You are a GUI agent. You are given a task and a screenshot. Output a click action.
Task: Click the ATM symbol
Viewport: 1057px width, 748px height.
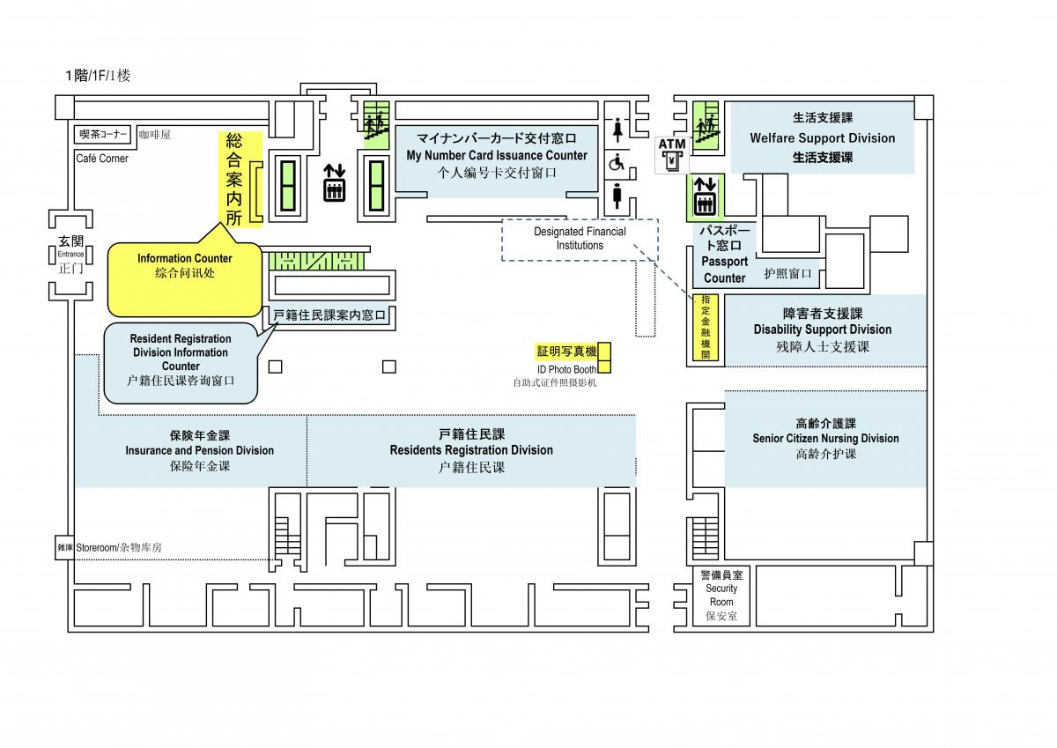tap(672, 155)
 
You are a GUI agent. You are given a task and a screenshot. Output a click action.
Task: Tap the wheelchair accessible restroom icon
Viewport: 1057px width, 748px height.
tap(617, 163)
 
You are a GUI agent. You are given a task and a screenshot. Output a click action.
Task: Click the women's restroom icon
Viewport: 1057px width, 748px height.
tap(617, 130)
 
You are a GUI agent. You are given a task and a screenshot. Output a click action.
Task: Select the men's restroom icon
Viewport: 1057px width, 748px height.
tap(617, 196)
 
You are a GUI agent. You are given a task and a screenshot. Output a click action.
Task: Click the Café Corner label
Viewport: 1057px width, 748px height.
tap(102, 159)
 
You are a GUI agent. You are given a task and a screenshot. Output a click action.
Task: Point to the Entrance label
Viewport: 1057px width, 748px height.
tap(70, 254)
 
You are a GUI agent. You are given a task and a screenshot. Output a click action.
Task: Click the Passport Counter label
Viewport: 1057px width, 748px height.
tap(724, 270)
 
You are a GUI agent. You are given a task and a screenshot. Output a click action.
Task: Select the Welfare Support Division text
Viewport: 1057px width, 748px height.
tap(823, 137)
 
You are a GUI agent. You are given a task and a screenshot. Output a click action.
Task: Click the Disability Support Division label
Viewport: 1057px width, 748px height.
tap(823, 330)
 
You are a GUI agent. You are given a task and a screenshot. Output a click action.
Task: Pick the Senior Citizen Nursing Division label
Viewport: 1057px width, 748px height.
tap(825, 439)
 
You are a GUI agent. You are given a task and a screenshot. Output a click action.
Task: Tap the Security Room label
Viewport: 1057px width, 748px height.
tap(721, 595)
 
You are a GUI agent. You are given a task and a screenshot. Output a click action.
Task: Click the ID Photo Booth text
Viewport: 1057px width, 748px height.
tap(566, 369)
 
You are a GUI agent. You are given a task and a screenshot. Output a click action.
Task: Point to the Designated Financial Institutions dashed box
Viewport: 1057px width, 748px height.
tap(580, 240)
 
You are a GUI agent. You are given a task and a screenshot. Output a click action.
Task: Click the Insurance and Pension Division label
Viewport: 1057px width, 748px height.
tap(200, 451)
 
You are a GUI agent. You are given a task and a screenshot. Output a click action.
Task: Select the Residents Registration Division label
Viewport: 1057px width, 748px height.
tap(471, 450)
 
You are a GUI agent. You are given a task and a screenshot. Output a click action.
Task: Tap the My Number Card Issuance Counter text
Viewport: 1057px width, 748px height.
tap(497, 156)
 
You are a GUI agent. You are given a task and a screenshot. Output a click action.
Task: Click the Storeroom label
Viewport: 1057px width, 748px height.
tap(96, 548)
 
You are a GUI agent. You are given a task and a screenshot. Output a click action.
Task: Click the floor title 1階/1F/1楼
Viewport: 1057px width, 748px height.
tap(98, 76)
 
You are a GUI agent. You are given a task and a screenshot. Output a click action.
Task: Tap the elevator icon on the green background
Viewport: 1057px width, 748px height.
tap(705, 196)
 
